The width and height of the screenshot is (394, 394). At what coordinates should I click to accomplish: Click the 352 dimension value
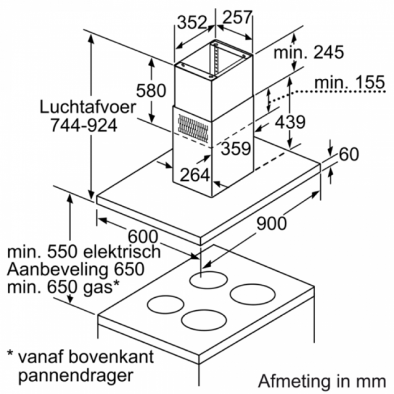tap(192, 22)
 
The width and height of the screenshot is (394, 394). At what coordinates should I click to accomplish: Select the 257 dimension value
tap(237, 17)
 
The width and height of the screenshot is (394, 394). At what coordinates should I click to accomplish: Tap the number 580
tap(151, 91)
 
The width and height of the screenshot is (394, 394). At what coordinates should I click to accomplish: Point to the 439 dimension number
tap(290, 122)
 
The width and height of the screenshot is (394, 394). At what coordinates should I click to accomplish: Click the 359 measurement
tap(236, 148)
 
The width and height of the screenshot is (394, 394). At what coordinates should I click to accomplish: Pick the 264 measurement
tap(195, 175)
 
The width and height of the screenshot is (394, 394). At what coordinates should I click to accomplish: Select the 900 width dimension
tap(271, 223)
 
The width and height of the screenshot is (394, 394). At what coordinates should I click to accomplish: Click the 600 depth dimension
tap(143, 236)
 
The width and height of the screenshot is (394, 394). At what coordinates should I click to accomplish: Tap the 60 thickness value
tap(349, 154)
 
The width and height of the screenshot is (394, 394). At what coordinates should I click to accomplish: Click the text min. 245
tap(309, 52)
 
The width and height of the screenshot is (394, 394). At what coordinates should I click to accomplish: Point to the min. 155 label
tap(350, 82)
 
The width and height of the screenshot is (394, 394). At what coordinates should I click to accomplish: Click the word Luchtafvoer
tap(88, 107)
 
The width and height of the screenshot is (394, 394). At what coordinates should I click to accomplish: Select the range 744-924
tap(84, 125)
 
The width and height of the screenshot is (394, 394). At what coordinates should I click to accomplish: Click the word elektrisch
tap(122, 252)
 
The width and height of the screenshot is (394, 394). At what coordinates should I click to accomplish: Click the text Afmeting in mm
tap(322, 382)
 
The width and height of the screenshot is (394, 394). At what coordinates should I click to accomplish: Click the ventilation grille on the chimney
tap(193, 128)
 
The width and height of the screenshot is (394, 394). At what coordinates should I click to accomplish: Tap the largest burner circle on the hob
tap(253, 294)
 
